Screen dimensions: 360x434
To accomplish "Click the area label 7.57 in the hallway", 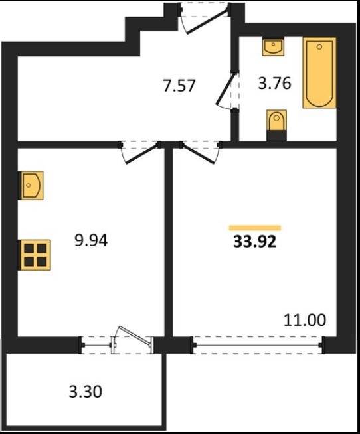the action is coord(179,86).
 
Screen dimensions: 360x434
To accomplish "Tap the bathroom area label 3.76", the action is coord(274,84).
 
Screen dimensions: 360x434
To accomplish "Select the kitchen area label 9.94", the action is coord(91,240).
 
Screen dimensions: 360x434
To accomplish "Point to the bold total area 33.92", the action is coord(255,242).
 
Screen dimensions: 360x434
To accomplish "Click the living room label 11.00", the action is coord(305,320).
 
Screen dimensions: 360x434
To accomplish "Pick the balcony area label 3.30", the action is coord(86,392).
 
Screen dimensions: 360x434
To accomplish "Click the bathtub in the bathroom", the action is coord(319,73).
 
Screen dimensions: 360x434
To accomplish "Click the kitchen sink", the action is coord(31,185).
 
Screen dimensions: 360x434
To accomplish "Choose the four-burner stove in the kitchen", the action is coord(35,255).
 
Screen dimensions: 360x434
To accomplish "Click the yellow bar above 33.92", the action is coord(255,228).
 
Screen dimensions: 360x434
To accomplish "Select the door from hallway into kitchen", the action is coord(141,153).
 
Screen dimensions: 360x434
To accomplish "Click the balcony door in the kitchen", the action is coord(132,340).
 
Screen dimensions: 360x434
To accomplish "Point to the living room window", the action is coord(258,345).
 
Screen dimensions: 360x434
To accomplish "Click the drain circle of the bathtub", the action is coord(319,47).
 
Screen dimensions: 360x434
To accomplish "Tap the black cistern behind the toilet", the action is coord(276,135).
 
